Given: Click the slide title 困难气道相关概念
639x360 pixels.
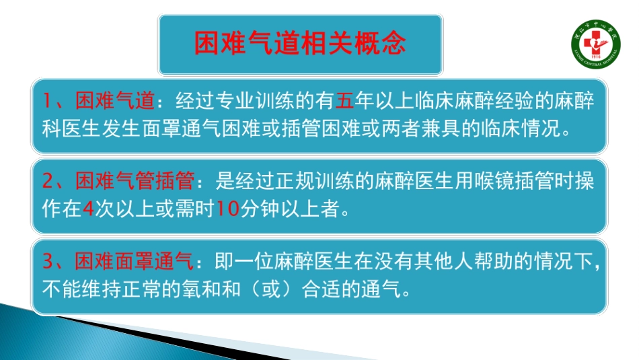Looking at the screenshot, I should (300, 44).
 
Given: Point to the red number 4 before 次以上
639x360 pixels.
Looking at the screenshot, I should (87, 209).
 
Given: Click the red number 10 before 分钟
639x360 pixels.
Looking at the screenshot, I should (229, 209).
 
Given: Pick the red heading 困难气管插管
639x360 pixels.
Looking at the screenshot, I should (135, 182).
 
